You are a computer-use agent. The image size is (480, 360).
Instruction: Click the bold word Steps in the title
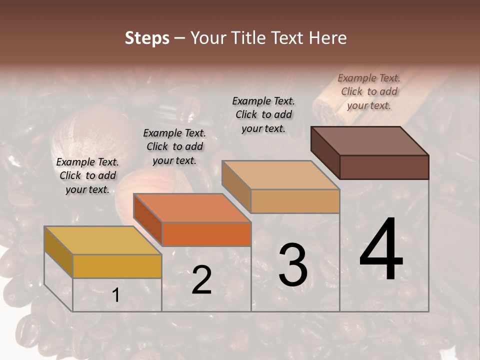point(147,38)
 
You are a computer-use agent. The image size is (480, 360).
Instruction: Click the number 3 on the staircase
point(293,265)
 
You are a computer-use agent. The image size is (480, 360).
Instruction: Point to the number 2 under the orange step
point(201,280)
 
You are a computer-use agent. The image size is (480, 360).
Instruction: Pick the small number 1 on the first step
point(116,295)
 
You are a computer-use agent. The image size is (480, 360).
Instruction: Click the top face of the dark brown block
point(369,141)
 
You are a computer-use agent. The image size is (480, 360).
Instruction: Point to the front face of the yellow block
point(117,266)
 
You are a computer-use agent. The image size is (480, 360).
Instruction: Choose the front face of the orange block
point(206,234)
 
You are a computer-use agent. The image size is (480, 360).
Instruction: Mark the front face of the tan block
point(295,201)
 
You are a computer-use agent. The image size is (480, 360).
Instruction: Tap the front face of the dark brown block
point(384,167)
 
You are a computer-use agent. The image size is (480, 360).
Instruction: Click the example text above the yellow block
point(87,175)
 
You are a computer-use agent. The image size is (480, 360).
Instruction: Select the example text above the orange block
point(174,146)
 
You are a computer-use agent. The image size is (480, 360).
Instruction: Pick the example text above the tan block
point(263,114)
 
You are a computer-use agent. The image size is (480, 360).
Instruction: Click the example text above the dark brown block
point(369,91)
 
